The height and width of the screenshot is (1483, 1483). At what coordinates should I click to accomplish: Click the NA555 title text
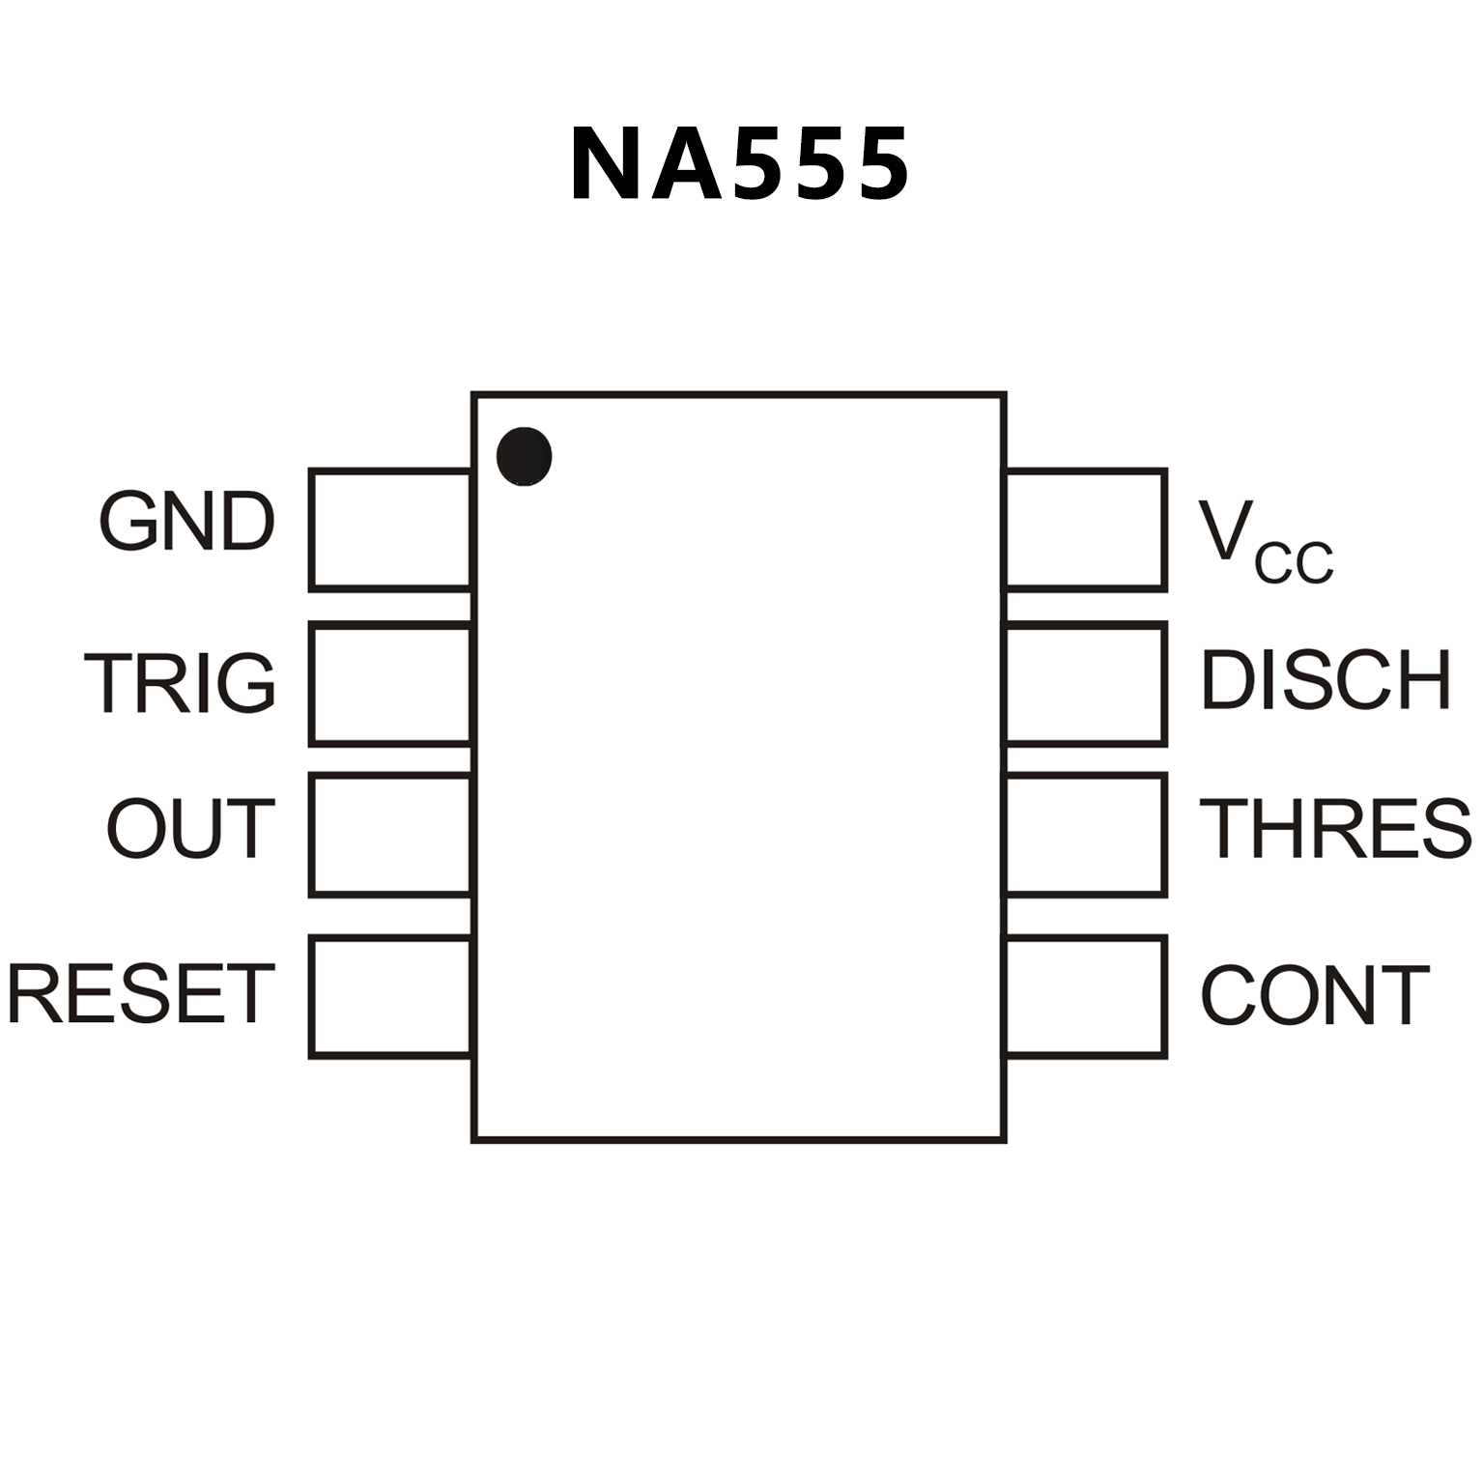pyautogui.click(x=739, y=164)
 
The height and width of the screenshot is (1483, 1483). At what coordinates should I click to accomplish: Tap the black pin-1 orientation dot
pyautogui.click(x=524, y=456)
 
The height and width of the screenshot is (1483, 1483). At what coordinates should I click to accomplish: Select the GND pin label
pyautogui.click(x=187, y=522)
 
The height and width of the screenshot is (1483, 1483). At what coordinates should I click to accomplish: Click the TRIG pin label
pyautogui.click(x=181, y=682)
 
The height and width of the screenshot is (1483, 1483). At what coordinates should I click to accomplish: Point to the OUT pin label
pyautogui.click(x=191, y=828)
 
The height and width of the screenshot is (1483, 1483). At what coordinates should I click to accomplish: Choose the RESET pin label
pyautogui.click(x=141, y=993)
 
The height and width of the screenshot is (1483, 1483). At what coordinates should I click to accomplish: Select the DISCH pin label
pyautogui.click(x=1326, y=680)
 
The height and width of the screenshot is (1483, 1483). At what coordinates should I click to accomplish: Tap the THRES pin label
pyautogui.click(x=1335, y=828)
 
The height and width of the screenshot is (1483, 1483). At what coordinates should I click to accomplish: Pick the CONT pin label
pyautogui.click(x=1314, y=995)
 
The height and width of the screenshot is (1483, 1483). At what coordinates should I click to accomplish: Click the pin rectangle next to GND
pyautogui.click(x=390, y=529)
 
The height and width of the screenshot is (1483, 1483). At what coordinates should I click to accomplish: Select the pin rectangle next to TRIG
pyautogui.click(x=390, y=684)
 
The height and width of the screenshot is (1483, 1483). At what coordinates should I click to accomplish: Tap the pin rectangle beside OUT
pyautogui.click(x=390, y=835)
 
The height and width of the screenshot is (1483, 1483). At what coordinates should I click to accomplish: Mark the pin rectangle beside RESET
pyautogui.click(x=390, y=996)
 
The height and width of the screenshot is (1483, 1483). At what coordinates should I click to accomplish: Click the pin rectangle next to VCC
pyautogui.click(x=1086, y=529)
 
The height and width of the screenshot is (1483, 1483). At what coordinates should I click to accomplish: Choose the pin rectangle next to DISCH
pyautogui.click(x=1086, y=684)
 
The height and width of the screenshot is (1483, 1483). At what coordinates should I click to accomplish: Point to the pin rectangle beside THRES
pyautogui.click(x=1086, y=835)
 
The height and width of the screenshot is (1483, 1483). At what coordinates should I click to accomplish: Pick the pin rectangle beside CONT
pyautogui.click(x=1086, y=996)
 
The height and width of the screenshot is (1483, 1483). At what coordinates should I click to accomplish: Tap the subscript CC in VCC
pyautogui.click(x=1294, y=563)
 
